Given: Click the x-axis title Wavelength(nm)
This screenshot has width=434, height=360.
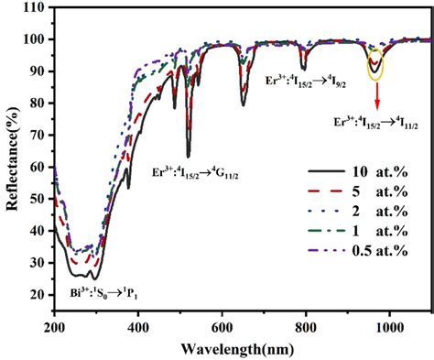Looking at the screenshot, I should point(243,349).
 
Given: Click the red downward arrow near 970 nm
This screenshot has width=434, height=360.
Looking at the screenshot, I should point(375,92).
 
